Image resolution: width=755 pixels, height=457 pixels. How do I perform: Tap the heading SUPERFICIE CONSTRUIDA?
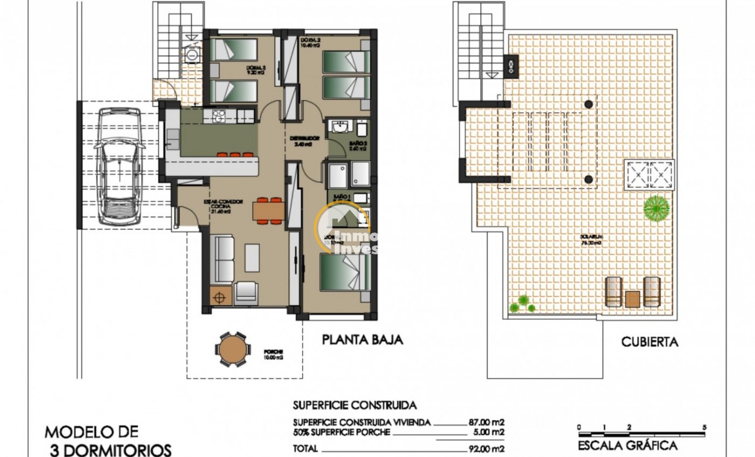coord(354,405)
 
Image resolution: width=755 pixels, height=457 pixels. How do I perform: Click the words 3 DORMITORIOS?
coord(109,450)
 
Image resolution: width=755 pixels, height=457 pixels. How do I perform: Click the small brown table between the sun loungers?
coord(632,299)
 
